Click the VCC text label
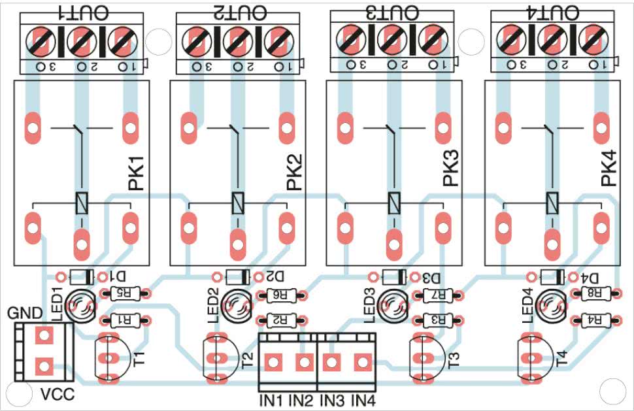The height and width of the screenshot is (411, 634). (x=57, y=395)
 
